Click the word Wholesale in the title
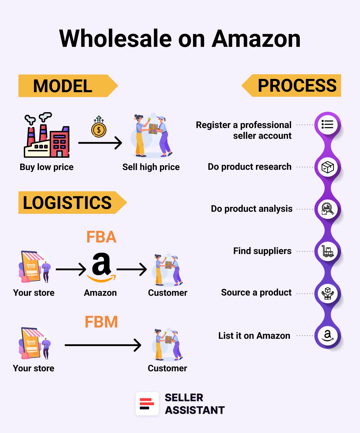[115, 39]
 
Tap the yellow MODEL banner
[63, 86]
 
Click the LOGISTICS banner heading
[67, 203]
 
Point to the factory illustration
[47, 136]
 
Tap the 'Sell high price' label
[151, 167]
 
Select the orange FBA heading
[101, 237]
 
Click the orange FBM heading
[101, 322]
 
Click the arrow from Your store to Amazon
[71, 269]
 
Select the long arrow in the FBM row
[103, 345]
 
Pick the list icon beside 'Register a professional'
[327, 125]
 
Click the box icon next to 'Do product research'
[327, 167]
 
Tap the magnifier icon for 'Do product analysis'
[327, 209]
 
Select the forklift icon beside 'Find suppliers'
[327, 251]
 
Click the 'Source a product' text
[256, 292]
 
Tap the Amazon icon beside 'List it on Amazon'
[327, 335]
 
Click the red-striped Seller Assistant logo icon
[147, 404]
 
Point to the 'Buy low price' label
[47, 167]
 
